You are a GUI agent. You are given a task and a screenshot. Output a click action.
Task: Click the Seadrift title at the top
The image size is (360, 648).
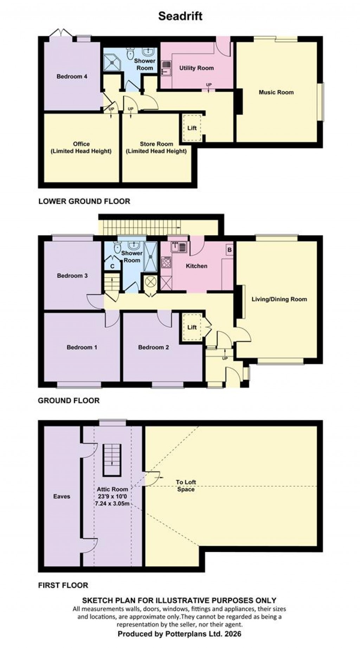click(x=180, y=16)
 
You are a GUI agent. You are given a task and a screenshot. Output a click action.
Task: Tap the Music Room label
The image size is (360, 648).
click(x=276, y=92)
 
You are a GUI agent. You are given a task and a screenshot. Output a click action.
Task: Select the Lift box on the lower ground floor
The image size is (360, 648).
click(x=192, y=128)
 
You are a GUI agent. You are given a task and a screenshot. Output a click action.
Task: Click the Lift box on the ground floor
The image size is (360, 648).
click(x=192, y=327)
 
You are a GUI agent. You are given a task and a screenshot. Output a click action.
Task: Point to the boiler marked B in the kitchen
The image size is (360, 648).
click(x=230, y=250)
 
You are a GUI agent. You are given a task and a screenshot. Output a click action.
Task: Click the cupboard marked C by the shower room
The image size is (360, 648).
click(x=112, y=266)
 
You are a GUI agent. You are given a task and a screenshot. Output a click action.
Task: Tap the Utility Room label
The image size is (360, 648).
click(x=196, y=68)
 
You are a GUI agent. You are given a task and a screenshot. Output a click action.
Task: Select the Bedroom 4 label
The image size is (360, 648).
click(x=72, y=76)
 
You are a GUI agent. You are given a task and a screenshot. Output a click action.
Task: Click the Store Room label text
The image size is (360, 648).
click(x=156, y=144)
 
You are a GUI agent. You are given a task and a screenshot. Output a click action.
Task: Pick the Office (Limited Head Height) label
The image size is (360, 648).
click(x=81, y=148)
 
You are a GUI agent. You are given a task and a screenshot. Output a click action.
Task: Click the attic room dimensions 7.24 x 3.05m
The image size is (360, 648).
click(x=112, y=503)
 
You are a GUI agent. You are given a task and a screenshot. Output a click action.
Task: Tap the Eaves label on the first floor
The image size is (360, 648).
click(x=62, y=496)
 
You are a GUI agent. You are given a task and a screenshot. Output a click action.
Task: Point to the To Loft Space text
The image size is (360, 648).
click(x=186, y=486)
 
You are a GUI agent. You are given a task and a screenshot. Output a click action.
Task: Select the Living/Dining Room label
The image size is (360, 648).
click(x=279, y=299)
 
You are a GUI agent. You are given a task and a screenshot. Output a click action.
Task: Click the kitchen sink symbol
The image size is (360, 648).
click(x=179, y=247)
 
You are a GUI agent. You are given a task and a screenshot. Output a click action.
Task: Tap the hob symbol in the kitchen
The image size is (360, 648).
click(x=166, y=263)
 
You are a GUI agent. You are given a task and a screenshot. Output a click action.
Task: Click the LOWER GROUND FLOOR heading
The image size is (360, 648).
click(x=84, y=201)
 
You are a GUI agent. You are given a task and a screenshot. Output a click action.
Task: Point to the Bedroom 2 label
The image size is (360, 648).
click(x=153, y=347)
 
